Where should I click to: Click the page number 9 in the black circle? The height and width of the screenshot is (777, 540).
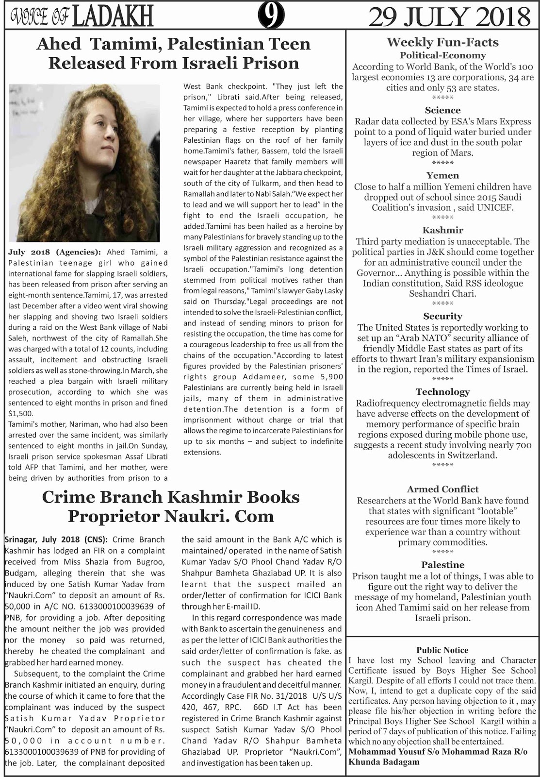click(271, 17)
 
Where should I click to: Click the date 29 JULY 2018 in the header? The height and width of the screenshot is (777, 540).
click(449, 17)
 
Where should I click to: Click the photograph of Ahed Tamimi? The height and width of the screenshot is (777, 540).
click(84, 163)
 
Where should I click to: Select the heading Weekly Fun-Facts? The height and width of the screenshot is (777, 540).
click(442, 42)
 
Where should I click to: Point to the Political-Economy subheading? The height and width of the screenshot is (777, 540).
click(442, 55)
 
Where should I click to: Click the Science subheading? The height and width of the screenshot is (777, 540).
click(442, 110)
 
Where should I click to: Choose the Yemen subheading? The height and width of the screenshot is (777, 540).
click(442, 175)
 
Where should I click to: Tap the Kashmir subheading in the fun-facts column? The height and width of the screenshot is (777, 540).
click(442, 230)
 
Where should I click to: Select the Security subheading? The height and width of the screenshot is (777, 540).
click(442, 316)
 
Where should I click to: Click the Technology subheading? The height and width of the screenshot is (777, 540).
click(442, 392)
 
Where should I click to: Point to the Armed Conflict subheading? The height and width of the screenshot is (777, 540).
click(442, 489)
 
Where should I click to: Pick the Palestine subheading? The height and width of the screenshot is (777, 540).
click(442, 565)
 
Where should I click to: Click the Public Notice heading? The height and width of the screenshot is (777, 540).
click(442, 650)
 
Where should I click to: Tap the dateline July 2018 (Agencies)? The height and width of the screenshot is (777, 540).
click(54, 252)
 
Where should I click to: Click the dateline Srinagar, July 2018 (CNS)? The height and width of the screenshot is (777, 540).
click(57, 540)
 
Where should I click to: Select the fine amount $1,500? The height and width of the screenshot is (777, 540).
click(21, 414)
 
